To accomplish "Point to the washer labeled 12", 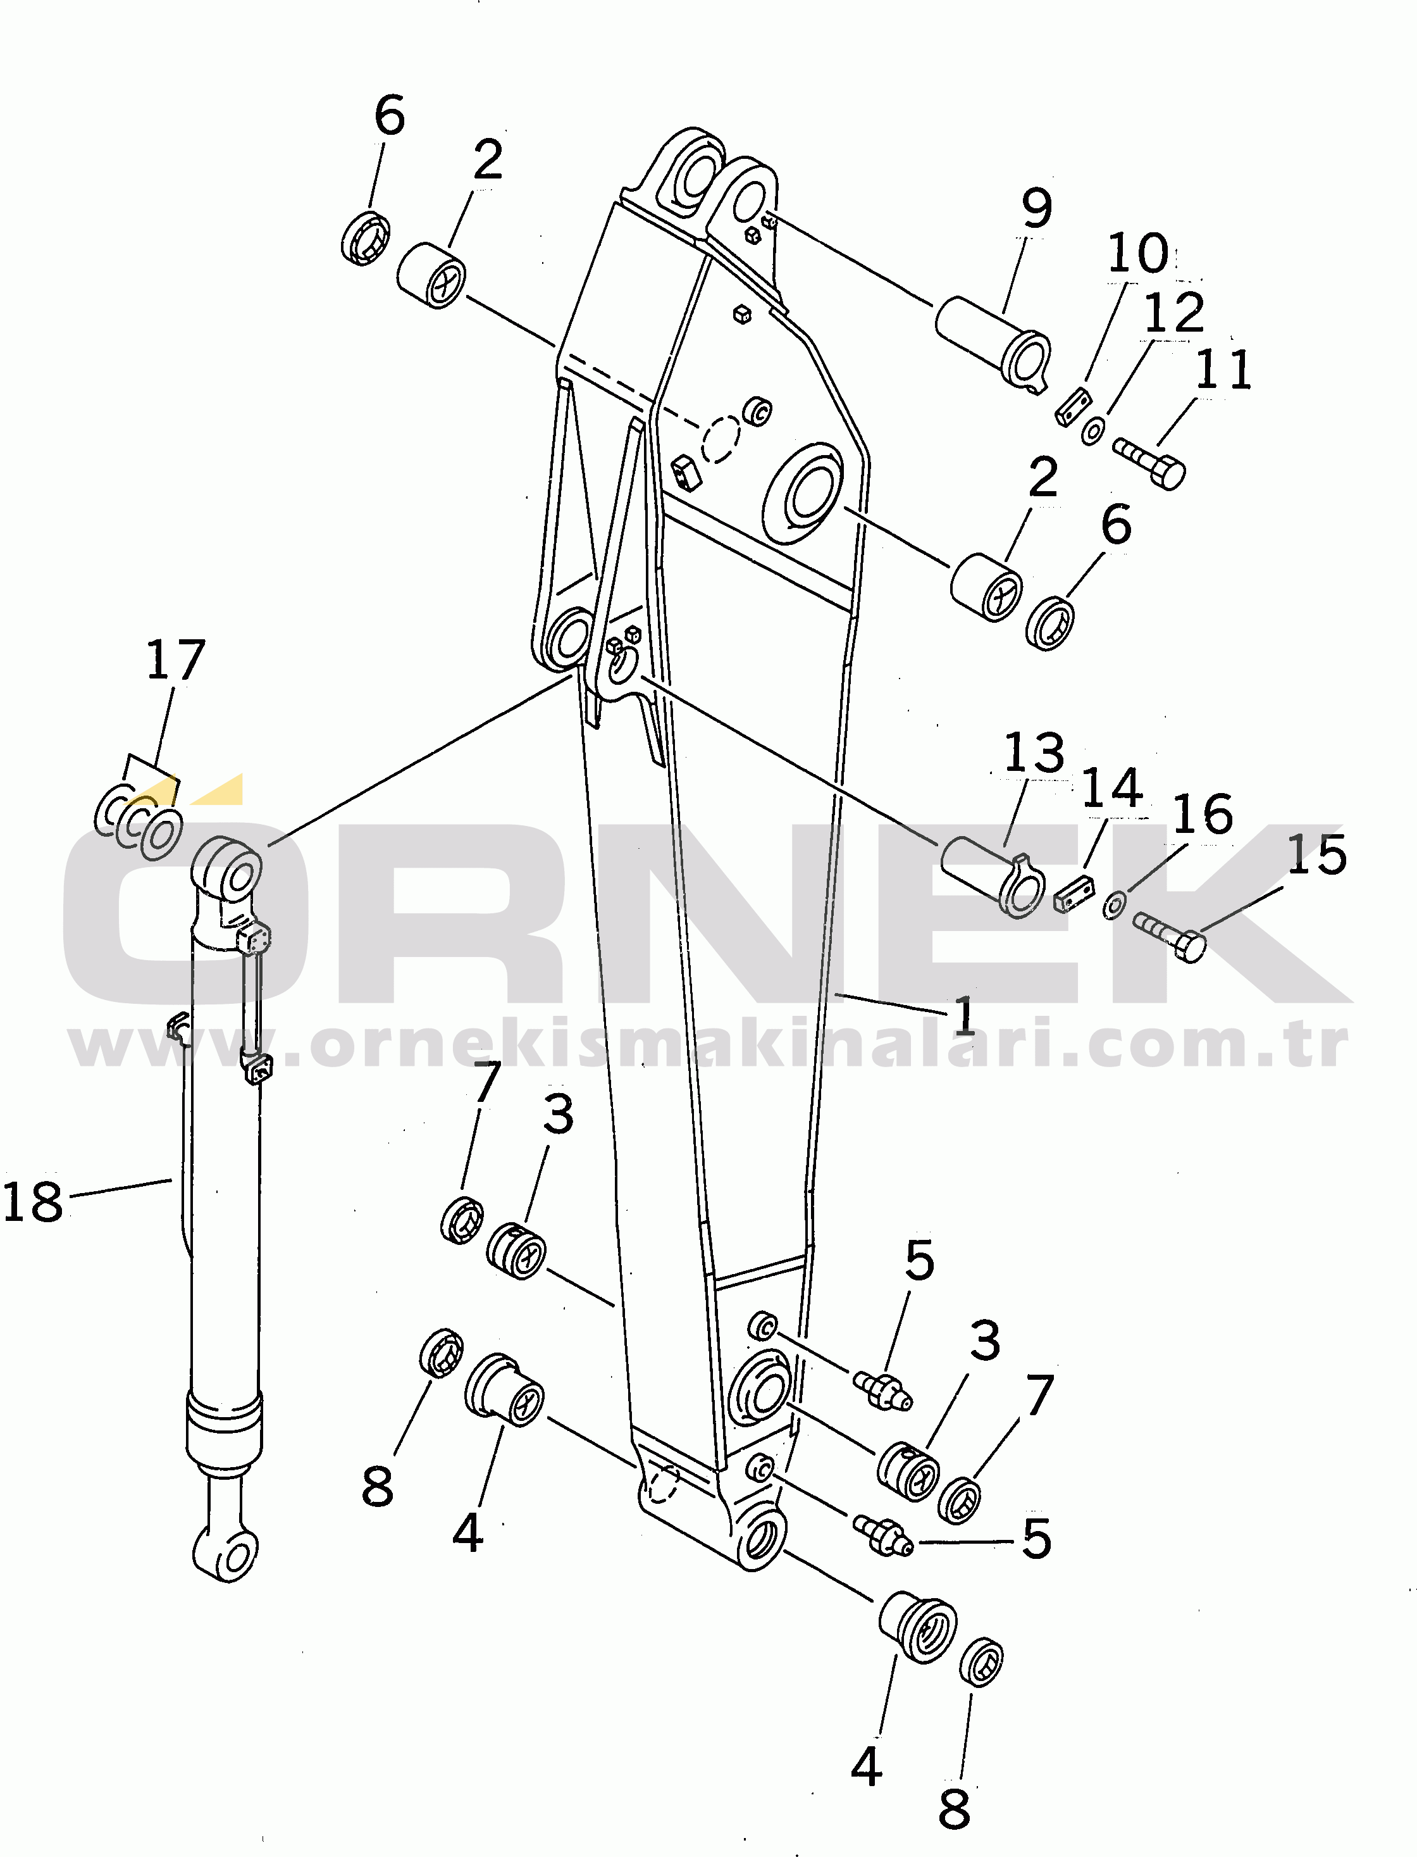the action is [1092, 430].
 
